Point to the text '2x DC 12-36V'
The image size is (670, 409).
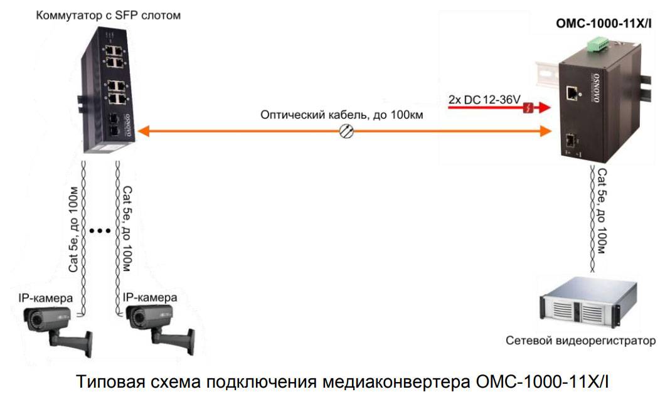click(485, 100)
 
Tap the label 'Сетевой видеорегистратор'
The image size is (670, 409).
click(581, 341)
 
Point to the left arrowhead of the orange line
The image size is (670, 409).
click(143, 130)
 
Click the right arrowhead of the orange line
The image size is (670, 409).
click(544, 130)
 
